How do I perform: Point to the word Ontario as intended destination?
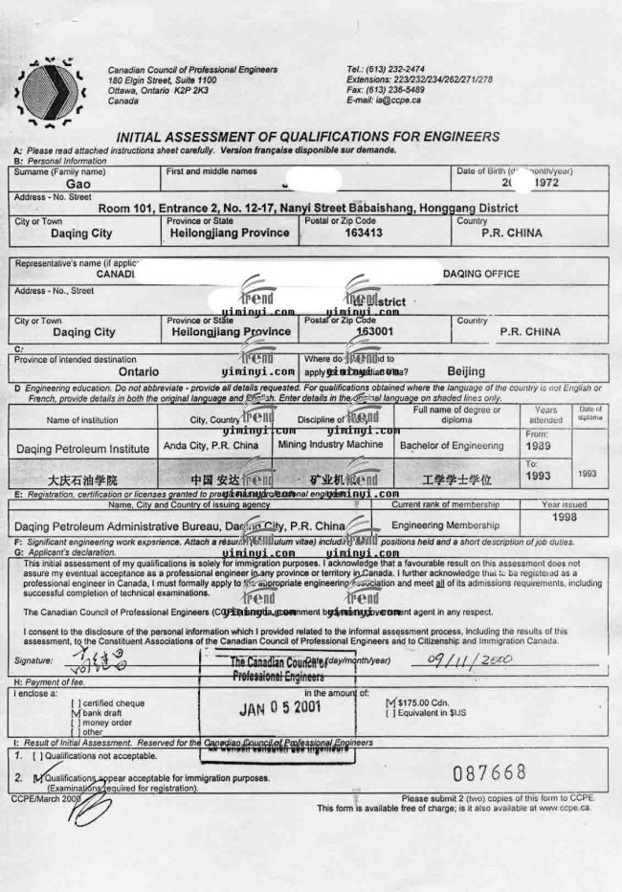139,369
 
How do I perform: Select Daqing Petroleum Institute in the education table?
83,448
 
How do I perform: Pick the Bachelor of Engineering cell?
452,446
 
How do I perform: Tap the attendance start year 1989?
540,446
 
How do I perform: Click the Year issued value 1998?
564,518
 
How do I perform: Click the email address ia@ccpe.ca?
384,100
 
